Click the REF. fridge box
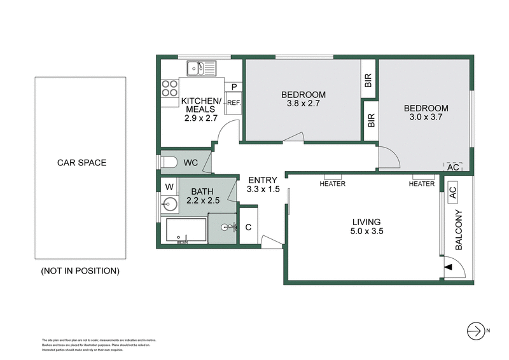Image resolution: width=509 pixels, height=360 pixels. (x=233, y=102)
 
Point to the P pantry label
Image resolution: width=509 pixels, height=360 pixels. (x=234, y=87)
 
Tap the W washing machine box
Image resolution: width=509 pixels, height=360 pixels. (x=169, y=187)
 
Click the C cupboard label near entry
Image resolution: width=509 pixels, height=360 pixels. (x=248, y=227)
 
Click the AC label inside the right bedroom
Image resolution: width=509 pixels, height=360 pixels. (x=453, y=167)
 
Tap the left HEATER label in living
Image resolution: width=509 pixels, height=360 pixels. (x=332, y=184)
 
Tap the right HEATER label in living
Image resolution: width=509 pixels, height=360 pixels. (x=421, y=184)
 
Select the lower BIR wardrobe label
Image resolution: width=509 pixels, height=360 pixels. (x=371, y=121)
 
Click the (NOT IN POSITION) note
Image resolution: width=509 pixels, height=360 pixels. (x=80, y=270)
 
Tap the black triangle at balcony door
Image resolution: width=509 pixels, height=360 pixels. (x=447, y=267)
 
